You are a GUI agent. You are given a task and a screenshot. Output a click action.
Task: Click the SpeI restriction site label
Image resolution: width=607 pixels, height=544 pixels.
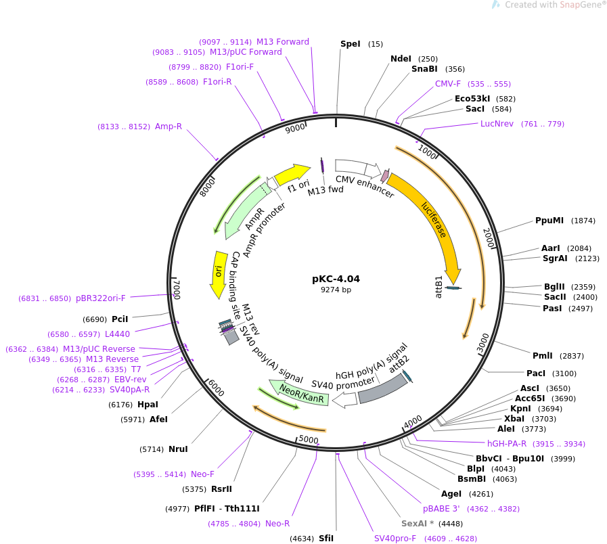tap(351, 44)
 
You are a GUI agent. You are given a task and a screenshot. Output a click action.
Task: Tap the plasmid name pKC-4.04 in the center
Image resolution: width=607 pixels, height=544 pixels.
tap(336, 279)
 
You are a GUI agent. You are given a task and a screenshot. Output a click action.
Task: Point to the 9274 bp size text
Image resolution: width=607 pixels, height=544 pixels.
tap(336, 290)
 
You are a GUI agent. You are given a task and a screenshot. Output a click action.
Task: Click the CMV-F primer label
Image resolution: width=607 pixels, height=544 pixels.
tap(448, 84)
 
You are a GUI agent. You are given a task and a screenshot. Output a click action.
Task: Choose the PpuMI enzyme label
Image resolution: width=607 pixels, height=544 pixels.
tap(549, 221)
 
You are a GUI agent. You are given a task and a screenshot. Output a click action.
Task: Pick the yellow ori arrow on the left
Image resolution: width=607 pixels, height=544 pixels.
tap(219, 273)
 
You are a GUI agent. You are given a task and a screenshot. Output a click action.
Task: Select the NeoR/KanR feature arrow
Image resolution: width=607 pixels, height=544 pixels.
tap(300, 392)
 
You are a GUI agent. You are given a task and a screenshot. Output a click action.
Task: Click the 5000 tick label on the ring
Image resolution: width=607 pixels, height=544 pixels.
tap(309, 440)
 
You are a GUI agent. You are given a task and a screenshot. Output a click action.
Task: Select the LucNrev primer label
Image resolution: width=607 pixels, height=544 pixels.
tap(497, 124)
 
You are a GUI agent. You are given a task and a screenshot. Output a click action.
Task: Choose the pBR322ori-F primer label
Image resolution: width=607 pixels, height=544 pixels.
tap(101, 298)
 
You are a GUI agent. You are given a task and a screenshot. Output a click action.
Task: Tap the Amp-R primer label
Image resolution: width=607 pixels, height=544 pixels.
tap(168, 127)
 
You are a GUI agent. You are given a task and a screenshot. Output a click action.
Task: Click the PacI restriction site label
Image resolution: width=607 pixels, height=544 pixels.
tap(536, 373)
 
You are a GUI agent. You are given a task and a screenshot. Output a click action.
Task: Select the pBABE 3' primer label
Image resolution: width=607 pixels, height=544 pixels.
tap(441, 509)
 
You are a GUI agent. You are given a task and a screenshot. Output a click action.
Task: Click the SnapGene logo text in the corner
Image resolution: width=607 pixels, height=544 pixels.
tap(580, 5)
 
